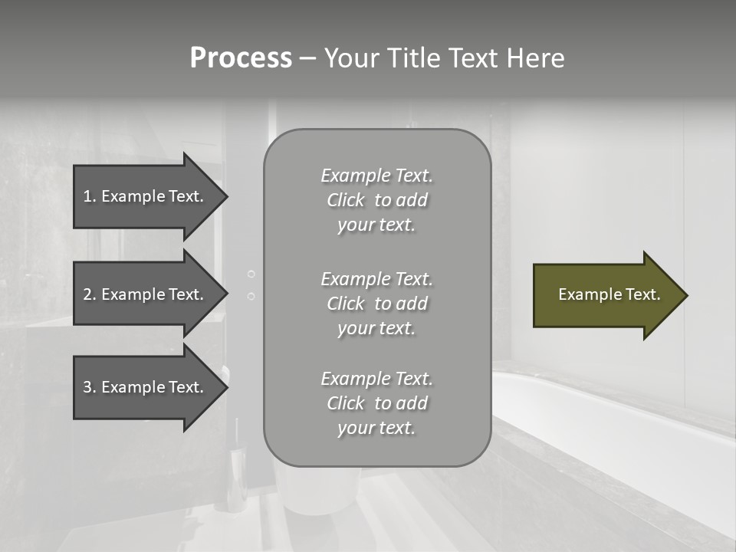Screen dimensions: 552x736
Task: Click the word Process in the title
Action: (x=241, y=58)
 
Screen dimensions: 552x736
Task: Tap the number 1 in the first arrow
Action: (x=87, y=196)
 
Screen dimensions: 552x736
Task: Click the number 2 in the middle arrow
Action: (x=87, y=294)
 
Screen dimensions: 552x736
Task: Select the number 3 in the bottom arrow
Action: (x=87, y=387)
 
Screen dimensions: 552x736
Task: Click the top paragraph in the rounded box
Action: (x=376, y=200)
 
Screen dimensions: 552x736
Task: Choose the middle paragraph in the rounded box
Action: (x=376, y=303)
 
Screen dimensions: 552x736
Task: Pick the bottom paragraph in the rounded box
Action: (x=376, y=403)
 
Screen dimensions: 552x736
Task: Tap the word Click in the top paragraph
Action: (x=345, y=200)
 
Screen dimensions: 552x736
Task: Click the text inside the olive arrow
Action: (x=609, y=294)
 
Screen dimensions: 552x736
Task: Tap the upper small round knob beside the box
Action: (x=251, y=274)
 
